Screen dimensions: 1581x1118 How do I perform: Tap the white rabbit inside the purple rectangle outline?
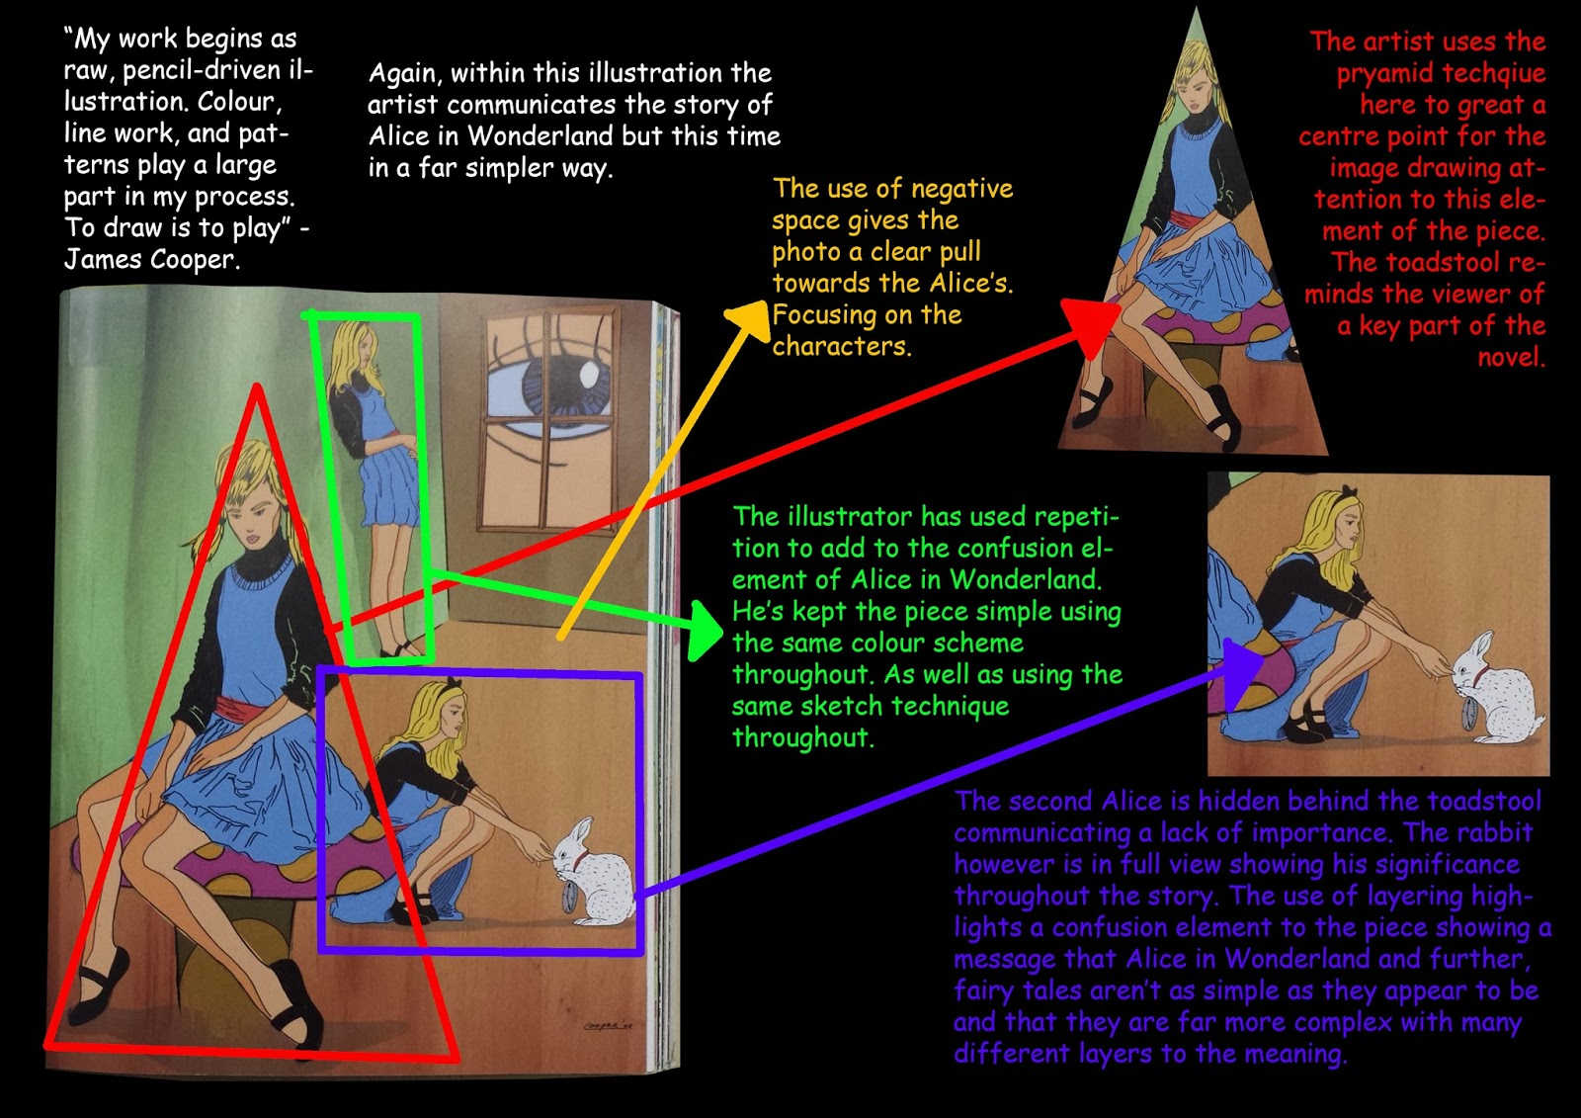591,875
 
